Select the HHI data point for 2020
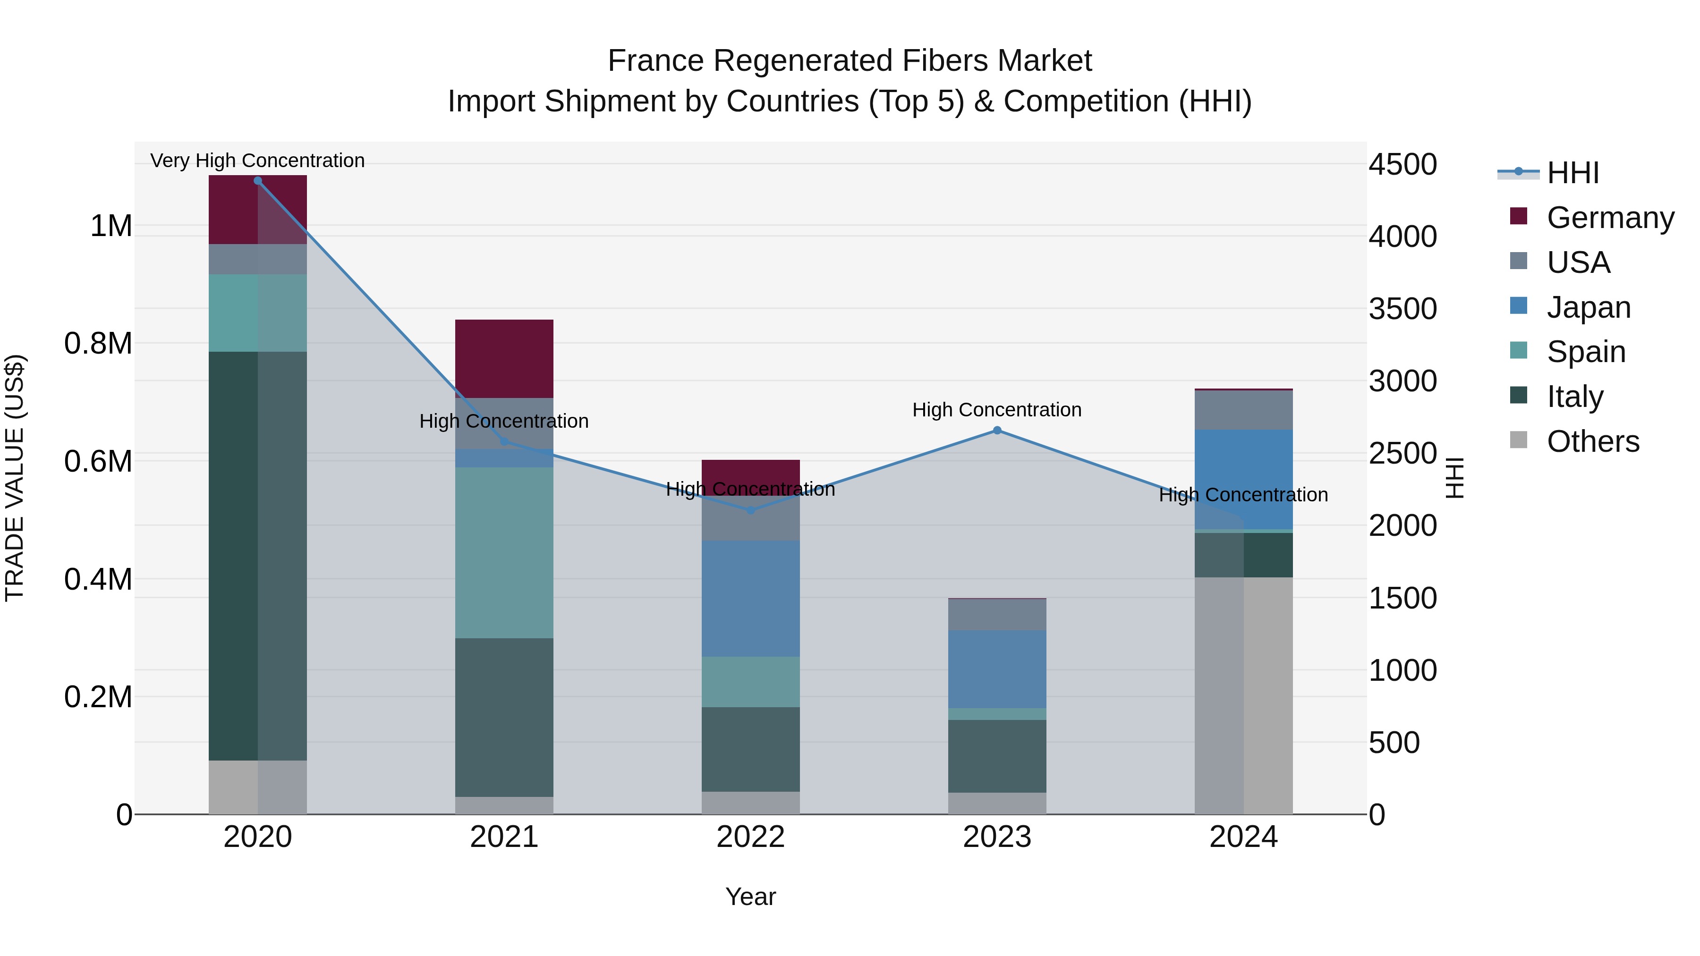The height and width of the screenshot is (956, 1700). [x=258, y=181]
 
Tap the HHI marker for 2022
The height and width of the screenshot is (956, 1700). [x=750, y=510]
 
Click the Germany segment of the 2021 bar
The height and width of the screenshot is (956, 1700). [x=504, y=358]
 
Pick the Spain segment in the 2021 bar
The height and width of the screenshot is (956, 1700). [x=504, y=552]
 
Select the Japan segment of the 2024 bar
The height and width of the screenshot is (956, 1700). [x=1243, y=479]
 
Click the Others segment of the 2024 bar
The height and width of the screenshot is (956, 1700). [x=1243, y=695]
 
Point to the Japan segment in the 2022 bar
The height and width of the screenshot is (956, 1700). [x=750, y=599]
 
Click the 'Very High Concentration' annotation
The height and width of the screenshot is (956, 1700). [x=257, y=161]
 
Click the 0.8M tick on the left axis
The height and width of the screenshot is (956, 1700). [x=98, y=344]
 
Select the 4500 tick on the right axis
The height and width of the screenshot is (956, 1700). [x=1402, y=164]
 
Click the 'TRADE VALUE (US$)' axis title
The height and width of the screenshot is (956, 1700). [x=15, y=478]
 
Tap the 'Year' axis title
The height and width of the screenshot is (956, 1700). [x=750, y=897]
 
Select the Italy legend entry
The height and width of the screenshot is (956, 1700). [x=1574, y=397]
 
